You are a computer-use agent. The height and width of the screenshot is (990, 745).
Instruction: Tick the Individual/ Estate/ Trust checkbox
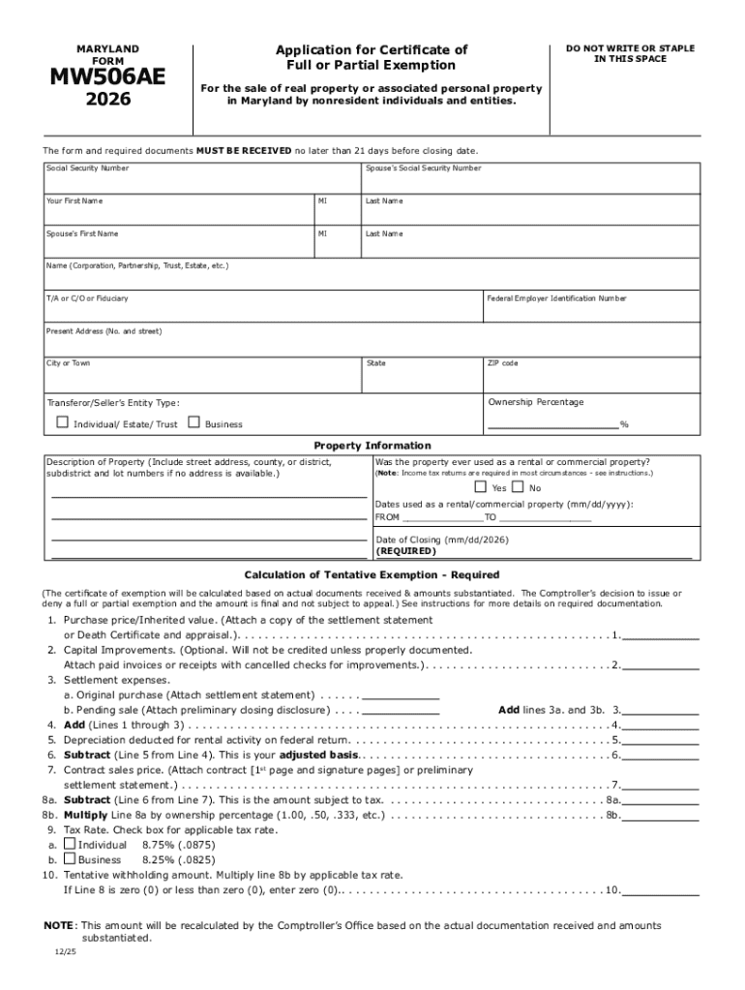63,422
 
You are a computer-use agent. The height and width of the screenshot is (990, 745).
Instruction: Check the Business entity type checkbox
194,422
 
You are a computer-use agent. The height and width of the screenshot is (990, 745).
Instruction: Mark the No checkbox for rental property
518,487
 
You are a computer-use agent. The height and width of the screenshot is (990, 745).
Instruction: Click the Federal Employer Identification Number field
591,309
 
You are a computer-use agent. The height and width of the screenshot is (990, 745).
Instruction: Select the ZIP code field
591,374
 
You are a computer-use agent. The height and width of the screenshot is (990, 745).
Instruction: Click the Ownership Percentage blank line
552,422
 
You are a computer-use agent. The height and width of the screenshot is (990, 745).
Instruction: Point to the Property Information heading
372,446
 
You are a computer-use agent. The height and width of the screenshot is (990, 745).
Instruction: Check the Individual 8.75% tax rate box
70,843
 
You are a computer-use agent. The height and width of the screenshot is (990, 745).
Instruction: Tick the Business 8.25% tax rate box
70,859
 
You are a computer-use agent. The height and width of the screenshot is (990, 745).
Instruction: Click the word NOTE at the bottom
58,925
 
